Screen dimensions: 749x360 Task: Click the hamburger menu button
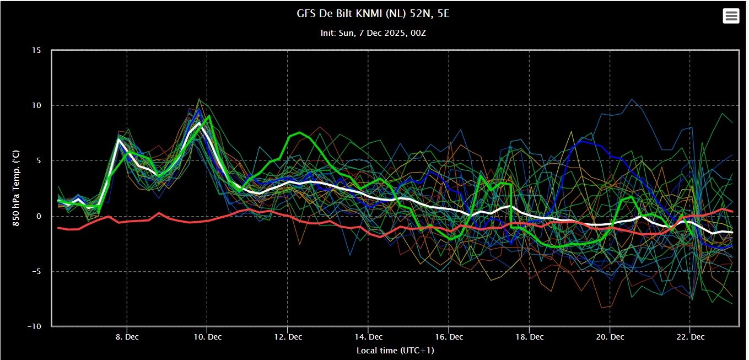point(731,16)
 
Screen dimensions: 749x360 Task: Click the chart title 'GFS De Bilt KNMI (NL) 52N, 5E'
point(373,14)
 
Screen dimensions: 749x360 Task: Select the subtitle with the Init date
point(373,33)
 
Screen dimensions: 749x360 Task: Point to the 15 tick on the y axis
point(36,50)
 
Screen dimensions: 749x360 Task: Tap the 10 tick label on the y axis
point(36,105)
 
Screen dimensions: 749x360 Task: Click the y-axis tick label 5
point(39,160)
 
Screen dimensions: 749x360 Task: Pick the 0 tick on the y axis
point(39,216)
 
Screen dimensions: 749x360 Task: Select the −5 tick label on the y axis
point(36,271)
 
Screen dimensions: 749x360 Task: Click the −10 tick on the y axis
point(34,326)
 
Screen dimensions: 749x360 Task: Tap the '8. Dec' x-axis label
point(127,337)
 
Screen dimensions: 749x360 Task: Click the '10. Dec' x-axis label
point(207,337)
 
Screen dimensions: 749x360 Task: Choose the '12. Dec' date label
point(288,337)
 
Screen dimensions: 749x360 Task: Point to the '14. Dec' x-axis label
point(369,337)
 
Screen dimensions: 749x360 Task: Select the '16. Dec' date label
point(449,337)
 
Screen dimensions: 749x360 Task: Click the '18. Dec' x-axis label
point(530,337)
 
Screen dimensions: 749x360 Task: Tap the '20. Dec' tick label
point(610,337)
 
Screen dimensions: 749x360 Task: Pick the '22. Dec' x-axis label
point(691,337)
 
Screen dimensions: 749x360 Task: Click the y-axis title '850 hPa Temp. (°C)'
point(16,188)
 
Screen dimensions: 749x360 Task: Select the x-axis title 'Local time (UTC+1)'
point(395,351)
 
